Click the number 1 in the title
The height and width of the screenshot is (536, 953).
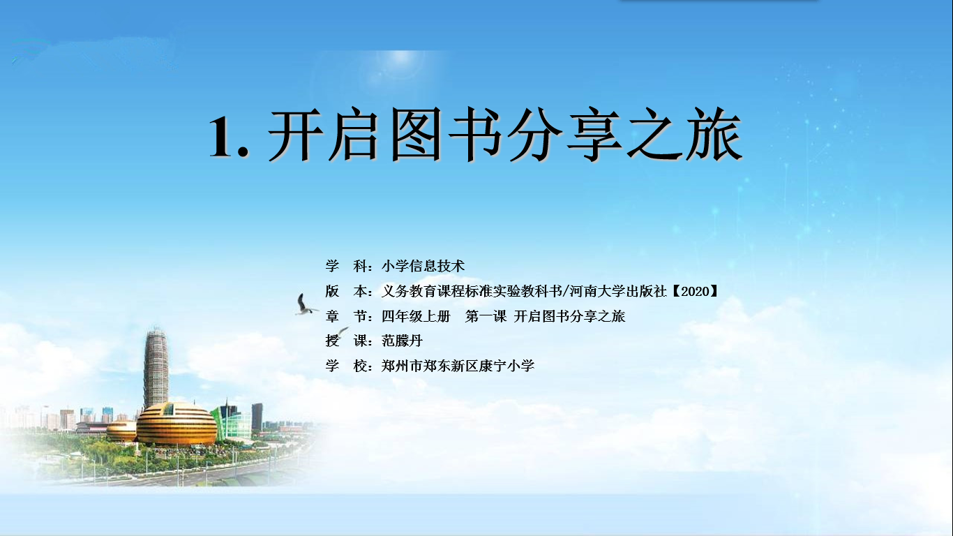pyautogui.click(x=224, y=136)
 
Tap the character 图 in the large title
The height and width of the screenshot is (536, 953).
pyautogui.click(x=416, y=135)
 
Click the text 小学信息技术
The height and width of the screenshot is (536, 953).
pyautogui.click(x=423, y=266)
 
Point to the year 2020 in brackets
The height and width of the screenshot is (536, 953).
pyautogui.click(x=696, y=292)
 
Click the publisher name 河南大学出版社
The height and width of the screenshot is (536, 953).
pyautogui.click(x=617, y=292)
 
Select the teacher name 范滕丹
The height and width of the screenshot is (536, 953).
pyautogui.click(x=402, y=341)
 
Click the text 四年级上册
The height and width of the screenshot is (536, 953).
pyautogui.click(x=416, y=316)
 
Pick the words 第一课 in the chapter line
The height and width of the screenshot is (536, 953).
pyautogui.click(x=486, y=316)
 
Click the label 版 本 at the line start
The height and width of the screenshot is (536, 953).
pyautogui.click(x=346, y=292)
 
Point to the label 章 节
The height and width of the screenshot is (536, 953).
pyautogui.click(x=346, y=316)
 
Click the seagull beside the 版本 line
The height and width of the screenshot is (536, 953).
pyautogui.click(x=305, y=305)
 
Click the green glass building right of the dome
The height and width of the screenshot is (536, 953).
pyautogui.click(x=232, y=421)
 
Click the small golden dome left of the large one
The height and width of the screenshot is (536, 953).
pyautogui.click(x=121, y=430)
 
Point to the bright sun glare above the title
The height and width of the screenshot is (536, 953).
pyautogui.click(x=400, y=64)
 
